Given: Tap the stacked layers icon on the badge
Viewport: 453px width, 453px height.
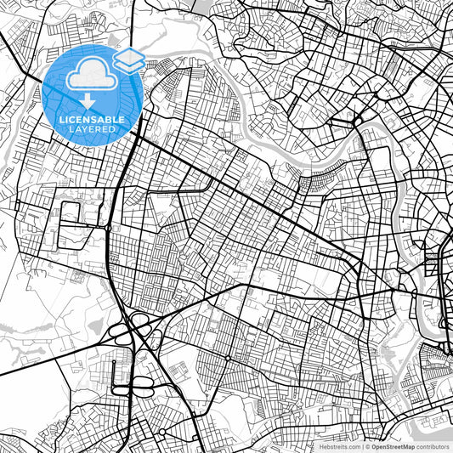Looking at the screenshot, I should pyautogui.click(x=128, y=60).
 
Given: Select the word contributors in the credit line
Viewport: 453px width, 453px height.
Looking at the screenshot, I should pyautogui.click(x=433, y=446).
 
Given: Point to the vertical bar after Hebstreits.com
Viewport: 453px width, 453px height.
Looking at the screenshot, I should pyautogui.click(x=361, y=446).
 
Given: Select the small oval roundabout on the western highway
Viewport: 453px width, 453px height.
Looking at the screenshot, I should pyautogui.click(x=109, y=228).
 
